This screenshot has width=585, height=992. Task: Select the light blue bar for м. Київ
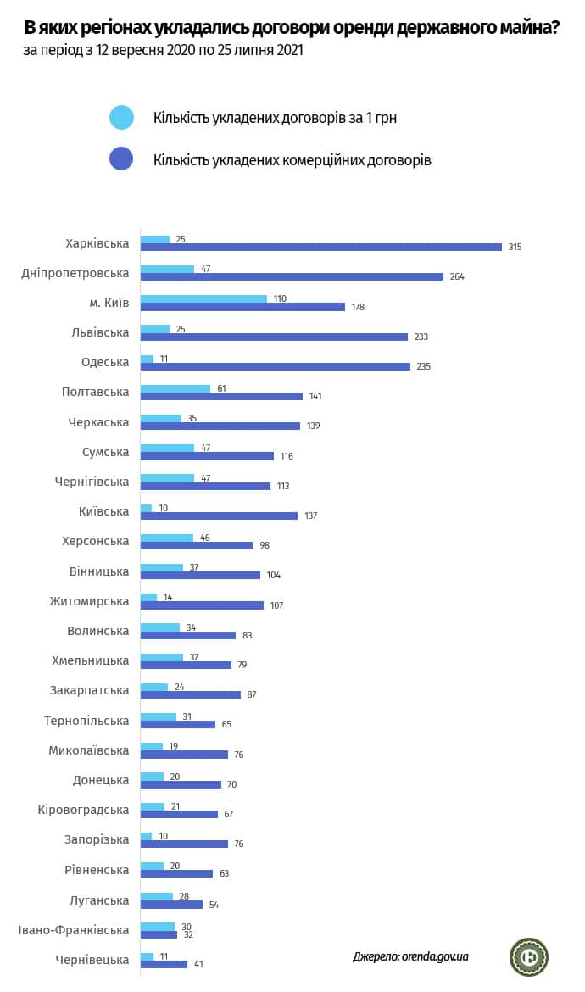[x=203, y=298]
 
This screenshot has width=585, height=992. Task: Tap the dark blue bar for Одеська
[x=275, y=366]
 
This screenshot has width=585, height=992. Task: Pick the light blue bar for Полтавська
[x=175, y=388]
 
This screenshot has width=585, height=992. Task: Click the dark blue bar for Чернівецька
[x=164, y=964]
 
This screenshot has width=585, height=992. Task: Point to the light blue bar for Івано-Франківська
[x=157, y=926]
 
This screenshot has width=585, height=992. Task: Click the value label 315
[x=515, y=247]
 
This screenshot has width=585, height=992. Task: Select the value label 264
[x=458, y=276]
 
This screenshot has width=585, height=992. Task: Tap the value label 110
[x=280, y=298]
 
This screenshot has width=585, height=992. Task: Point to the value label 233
[x=421, y=337]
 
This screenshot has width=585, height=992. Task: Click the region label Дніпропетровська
[x=75, y=273]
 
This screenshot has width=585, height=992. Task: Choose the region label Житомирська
[x=89, y=601]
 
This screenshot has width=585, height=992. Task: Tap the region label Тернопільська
[x=86, y=721]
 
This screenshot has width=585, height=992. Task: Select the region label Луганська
[x=99, y=900]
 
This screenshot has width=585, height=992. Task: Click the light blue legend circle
[x=122, y=118]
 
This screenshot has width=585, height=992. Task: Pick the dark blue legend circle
[x=122, y=159]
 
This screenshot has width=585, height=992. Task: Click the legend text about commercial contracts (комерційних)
[x=292, y=159]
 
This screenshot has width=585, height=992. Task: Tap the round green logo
[x=528, y=956]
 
